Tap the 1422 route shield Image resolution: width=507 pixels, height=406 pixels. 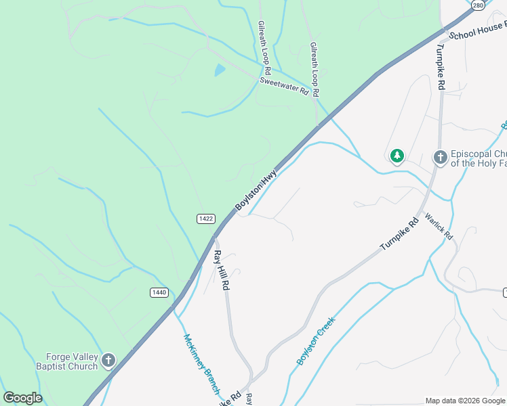[207, 219]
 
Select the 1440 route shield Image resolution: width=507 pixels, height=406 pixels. [159, 292]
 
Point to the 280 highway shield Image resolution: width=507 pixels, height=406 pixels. [479, 5]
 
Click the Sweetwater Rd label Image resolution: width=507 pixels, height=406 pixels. [284, 86]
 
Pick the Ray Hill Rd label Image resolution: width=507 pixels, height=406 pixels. [221, 271]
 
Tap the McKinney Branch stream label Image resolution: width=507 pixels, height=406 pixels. [201, 364]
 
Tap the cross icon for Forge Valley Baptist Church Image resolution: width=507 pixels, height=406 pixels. [109, 361]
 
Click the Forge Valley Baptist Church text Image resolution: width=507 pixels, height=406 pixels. [72, 361]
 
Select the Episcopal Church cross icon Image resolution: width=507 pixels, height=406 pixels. [440, 158]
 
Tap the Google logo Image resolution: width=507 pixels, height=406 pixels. [22, 398]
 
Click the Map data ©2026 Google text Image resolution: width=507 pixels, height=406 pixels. [465, 401]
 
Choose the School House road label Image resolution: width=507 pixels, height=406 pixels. [477, 30]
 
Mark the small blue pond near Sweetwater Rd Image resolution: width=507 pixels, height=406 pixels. [220, 70]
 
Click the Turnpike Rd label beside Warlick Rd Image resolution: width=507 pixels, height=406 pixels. [401, 234]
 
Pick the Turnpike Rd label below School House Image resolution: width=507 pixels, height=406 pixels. [441, 68]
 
